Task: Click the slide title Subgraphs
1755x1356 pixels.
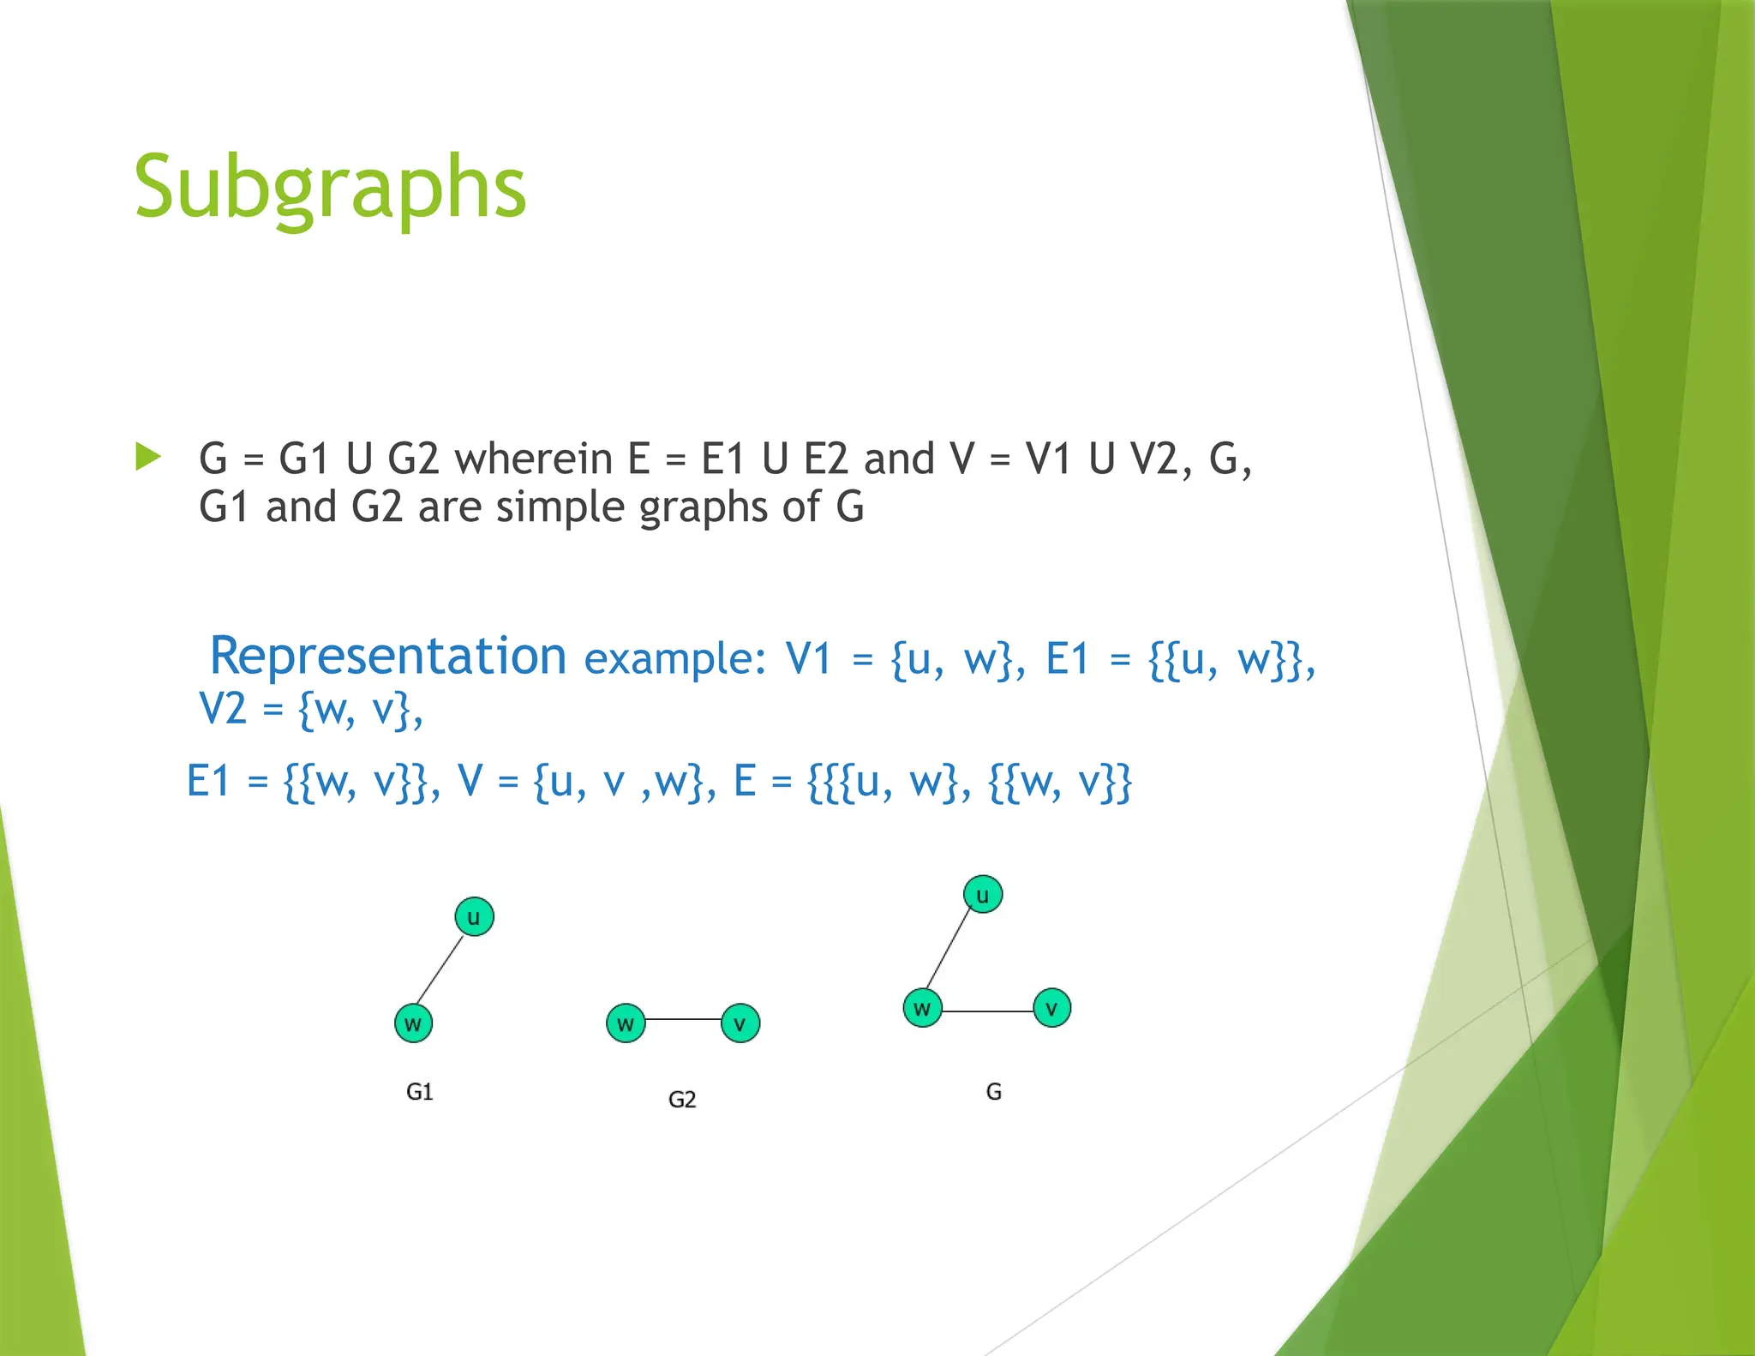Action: (330, 187)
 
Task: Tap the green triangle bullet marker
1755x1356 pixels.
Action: (147, 457)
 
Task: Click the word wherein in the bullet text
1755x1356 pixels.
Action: (532, 459)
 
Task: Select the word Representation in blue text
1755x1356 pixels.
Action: (387, 657)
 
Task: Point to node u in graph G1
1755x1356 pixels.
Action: (474, 917)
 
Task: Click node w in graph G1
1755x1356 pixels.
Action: (413, 1023)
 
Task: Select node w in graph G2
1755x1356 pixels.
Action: (626, 1023)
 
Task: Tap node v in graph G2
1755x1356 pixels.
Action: (740, 1023)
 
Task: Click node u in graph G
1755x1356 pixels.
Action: (983, 895)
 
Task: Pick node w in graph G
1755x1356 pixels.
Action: (922, 1008)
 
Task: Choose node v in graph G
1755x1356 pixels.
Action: (1051, 1008)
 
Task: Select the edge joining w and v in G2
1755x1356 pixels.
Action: (683, 1020)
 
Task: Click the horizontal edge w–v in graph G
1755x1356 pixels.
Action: (986, 1011)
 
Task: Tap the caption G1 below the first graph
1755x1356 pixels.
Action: (419, 1092)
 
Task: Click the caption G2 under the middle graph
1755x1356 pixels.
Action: (682, 1100)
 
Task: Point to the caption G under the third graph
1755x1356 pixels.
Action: (993, 1092)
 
